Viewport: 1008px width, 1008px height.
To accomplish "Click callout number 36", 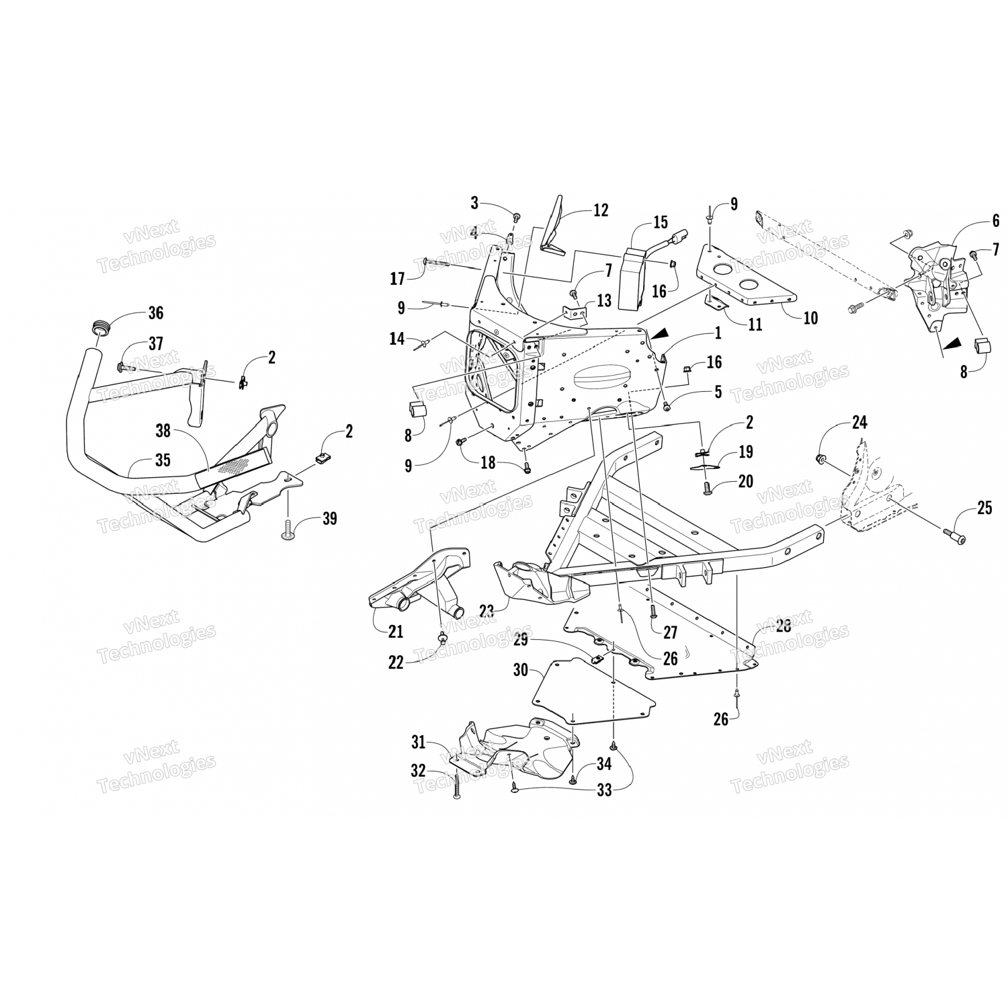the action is [156, 312].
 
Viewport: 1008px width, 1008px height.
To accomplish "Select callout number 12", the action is [600, 210].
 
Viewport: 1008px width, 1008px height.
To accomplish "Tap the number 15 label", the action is [661, 222].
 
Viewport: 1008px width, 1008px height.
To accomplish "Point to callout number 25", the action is [984, 508].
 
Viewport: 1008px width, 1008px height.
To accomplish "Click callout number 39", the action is [329, 519].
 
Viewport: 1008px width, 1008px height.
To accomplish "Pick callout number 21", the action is [395, 631].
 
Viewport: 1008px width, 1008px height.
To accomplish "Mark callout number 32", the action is [418, 771].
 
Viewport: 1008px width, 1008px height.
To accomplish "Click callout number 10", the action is [810, 317].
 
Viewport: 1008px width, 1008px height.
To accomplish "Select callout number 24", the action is [859, 423].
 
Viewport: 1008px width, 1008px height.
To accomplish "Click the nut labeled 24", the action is [821, 459].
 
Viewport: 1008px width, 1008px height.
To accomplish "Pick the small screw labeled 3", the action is [516, 216].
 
